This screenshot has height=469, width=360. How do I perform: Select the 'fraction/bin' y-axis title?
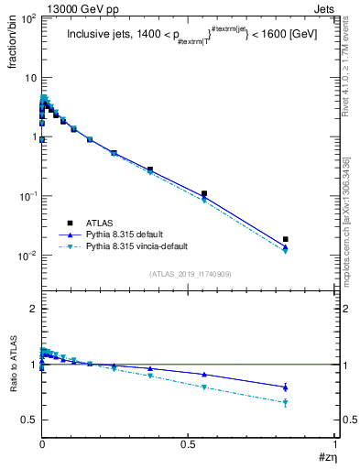pos(12,47)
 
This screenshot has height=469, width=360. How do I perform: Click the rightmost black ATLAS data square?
pos(286,239)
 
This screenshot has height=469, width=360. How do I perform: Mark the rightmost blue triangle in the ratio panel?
pos(286,387)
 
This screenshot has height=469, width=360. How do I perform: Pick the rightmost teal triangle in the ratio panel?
pos(286,402)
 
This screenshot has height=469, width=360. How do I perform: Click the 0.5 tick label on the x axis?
pos(188,443)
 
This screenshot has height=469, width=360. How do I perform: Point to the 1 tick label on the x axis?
pos(336,443)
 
